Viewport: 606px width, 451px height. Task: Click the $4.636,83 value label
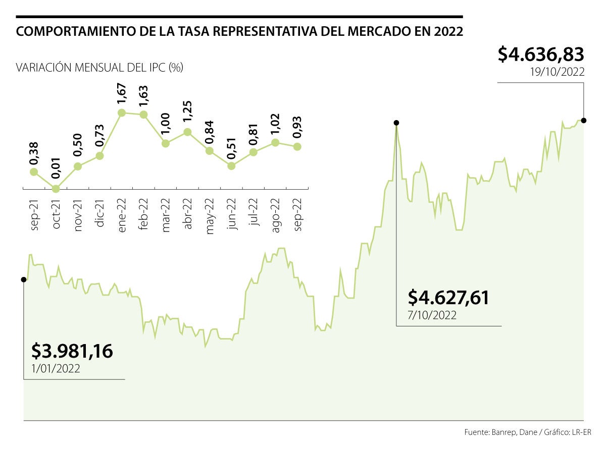(541, 54)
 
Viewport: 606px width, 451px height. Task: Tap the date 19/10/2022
(557, 72)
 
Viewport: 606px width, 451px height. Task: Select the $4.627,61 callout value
(448, 298)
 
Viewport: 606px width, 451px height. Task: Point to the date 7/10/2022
(432, 316)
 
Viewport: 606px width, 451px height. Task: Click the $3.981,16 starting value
(72, 351)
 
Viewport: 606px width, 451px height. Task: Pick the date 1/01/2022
(55, 369)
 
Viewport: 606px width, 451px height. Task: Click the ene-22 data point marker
(121, 113)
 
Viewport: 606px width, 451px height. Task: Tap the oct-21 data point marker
(56, 189)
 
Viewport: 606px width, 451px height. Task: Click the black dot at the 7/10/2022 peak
(396, 123)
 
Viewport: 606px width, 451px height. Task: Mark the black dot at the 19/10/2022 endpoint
(584, 120)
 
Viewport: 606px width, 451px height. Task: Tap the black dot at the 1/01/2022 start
(24, 279)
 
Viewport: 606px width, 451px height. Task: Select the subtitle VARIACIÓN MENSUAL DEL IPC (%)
(99, 67)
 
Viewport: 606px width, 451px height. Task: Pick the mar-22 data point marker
(165, 143)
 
